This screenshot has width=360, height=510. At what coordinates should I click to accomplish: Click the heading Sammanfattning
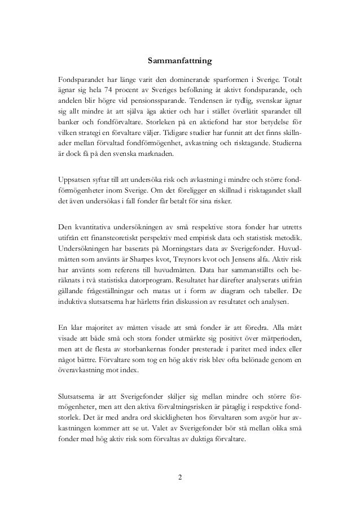click(179, 59)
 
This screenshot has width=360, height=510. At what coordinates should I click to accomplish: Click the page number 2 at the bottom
click(179, 480)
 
